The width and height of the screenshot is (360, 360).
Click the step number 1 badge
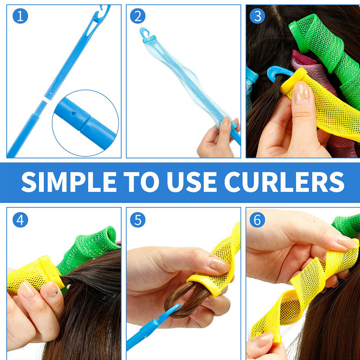(20, 16)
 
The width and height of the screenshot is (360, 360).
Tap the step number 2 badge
(138, 16)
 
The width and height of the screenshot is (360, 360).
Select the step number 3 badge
(257, 16)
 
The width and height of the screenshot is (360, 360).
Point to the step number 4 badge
(20, 220)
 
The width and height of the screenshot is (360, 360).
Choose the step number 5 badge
(138, 220)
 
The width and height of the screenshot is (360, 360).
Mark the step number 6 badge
(257, 220)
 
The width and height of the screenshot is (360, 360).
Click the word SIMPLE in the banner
(69, 182)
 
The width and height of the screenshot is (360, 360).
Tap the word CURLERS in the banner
(284, 182)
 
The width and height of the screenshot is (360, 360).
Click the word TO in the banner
(141, 182)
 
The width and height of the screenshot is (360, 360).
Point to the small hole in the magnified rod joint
(73, 113)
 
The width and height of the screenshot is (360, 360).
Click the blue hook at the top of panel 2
(144, 32)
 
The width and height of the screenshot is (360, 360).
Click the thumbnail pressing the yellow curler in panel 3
(301, 92)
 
